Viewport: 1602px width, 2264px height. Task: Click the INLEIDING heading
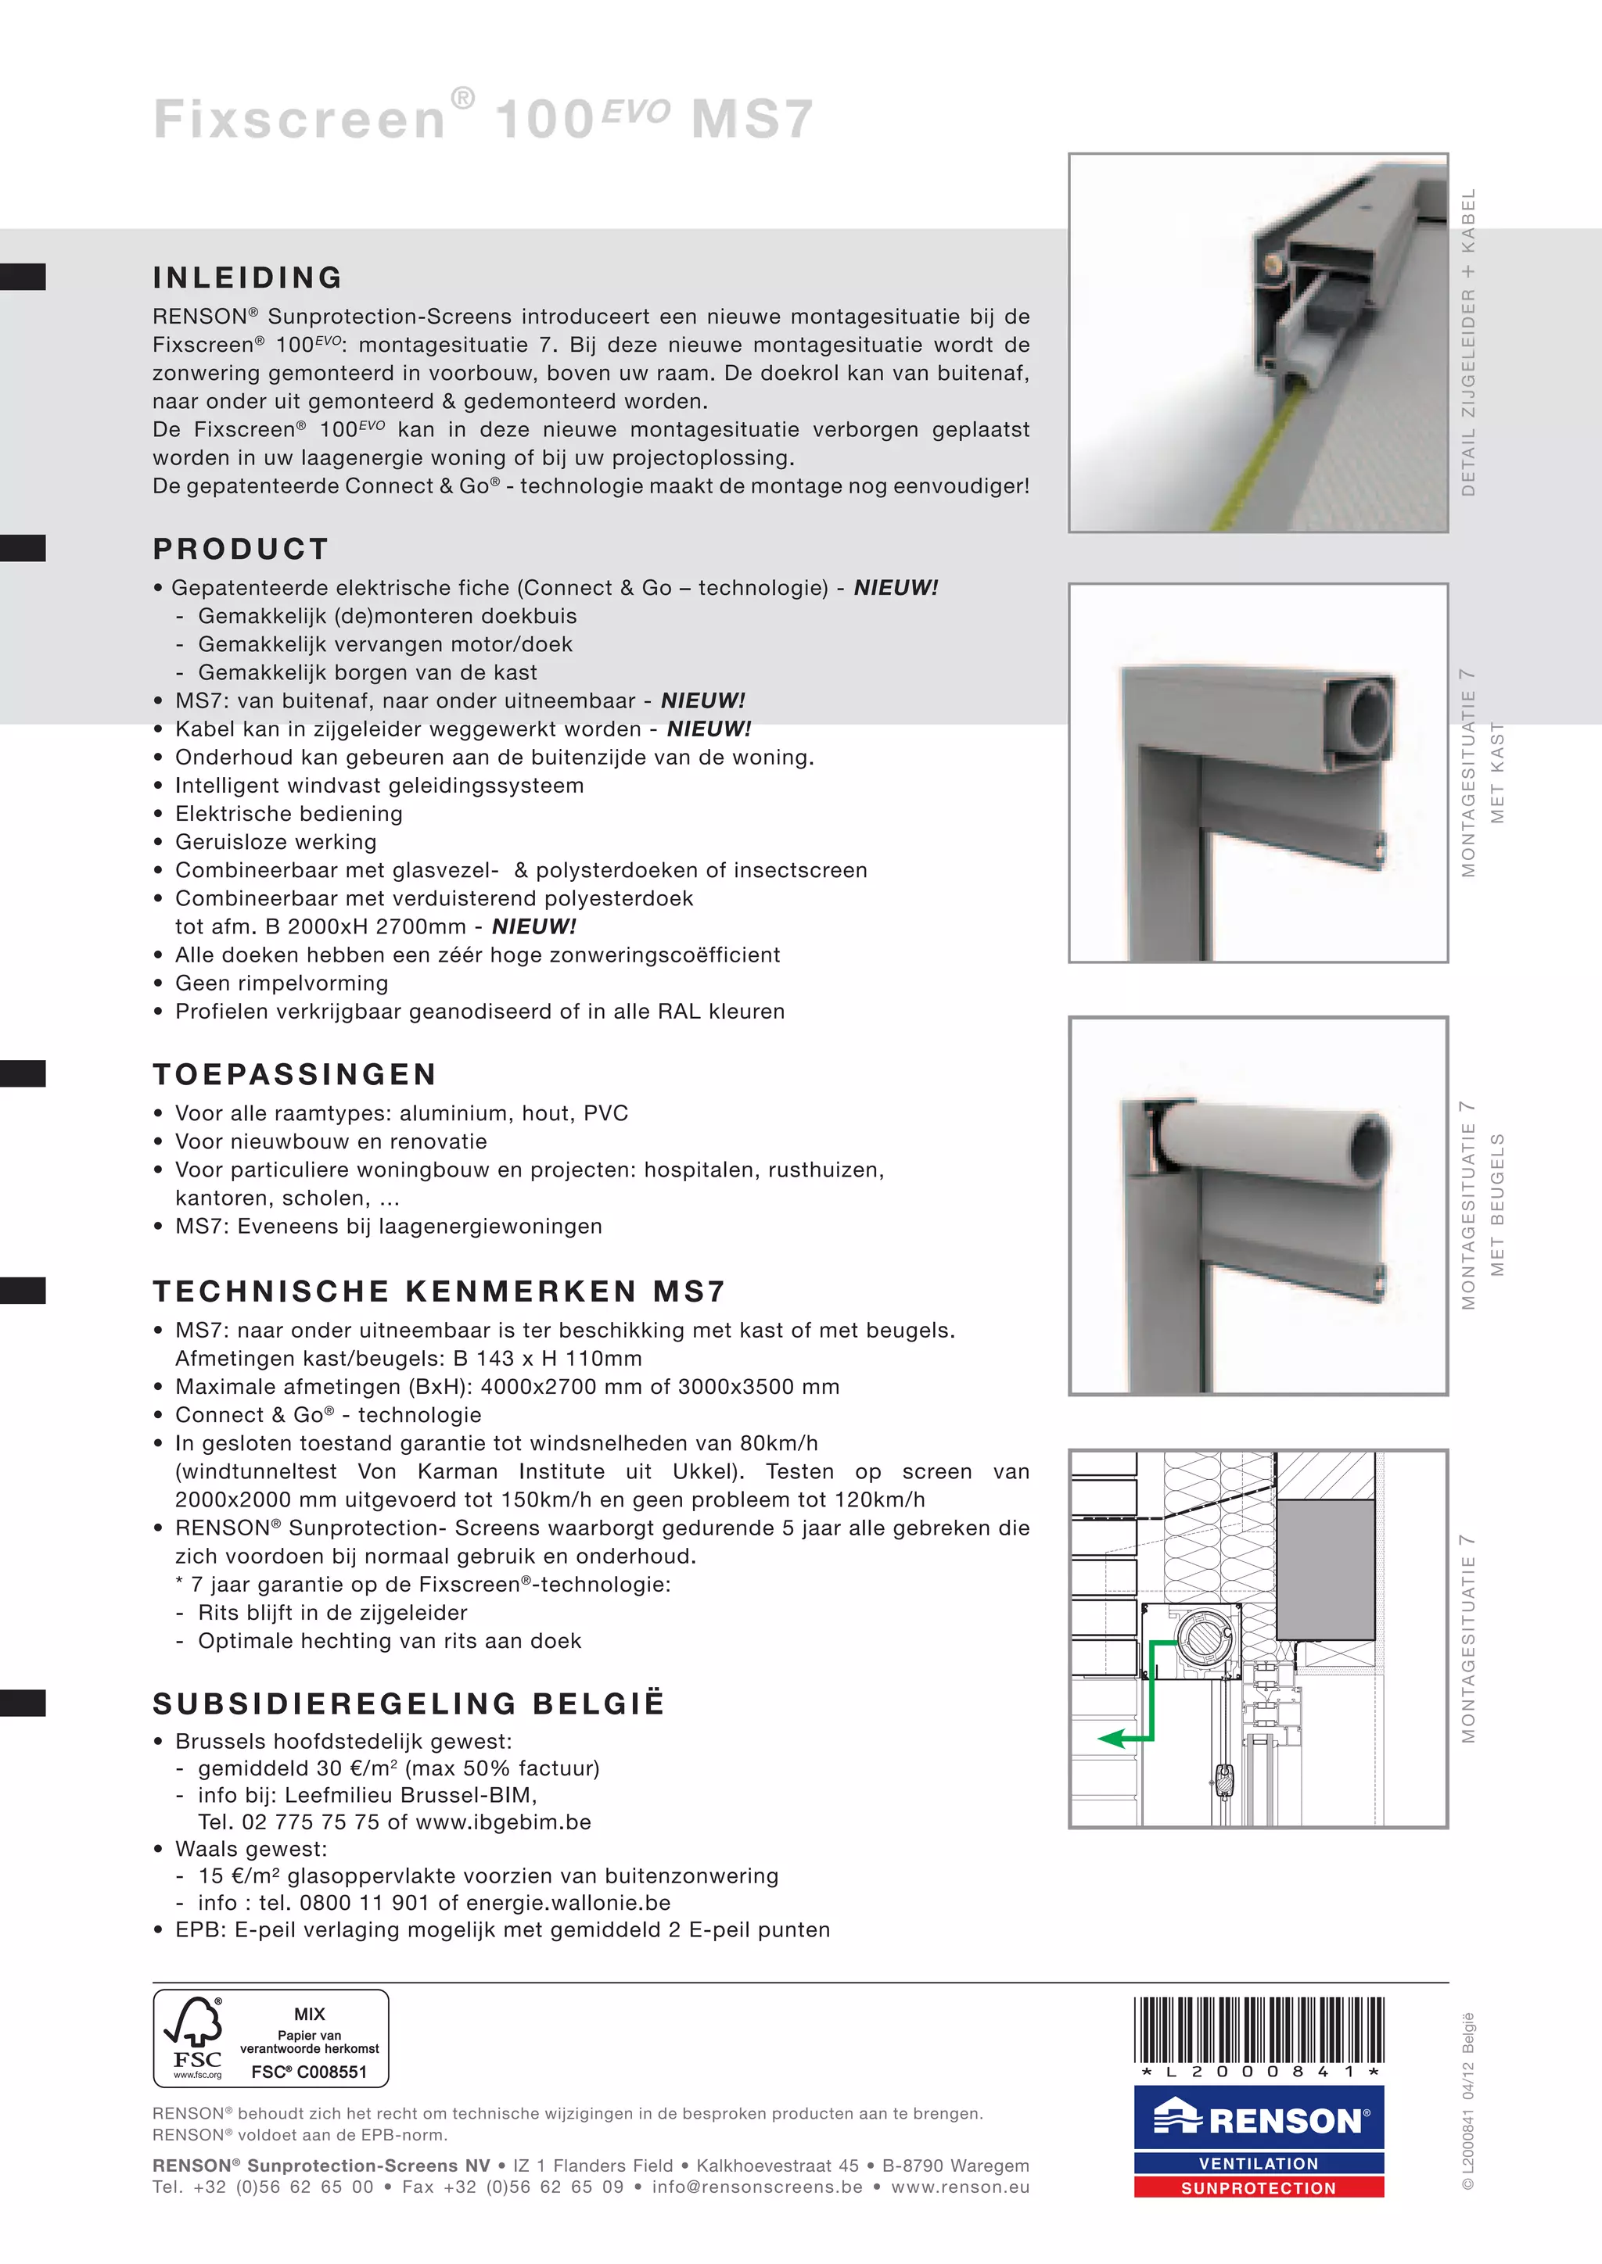[x=248, y=278]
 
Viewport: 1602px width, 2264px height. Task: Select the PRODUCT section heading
[x=241, y=550]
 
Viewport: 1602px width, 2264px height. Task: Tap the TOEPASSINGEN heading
[x=294, y=1074]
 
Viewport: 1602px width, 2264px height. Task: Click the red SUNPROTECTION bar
[x=1258, y=2188]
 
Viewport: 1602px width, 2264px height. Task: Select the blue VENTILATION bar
[x=1258, y=2163]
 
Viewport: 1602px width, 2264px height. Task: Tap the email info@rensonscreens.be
[x=756, y=2187]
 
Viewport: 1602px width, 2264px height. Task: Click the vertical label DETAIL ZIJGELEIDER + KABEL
[x=1469, y=342]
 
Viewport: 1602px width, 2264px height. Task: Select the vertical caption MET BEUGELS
[x=1497, y=1205]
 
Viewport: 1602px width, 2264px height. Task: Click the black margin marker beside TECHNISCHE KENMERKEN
[x=23, y=1291]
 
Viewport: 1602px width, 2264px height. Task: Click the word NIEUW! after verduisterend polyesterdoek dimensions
[x=533, y=927]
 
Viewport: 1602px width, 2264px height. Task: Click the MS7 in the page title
[x=752, y=120]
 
